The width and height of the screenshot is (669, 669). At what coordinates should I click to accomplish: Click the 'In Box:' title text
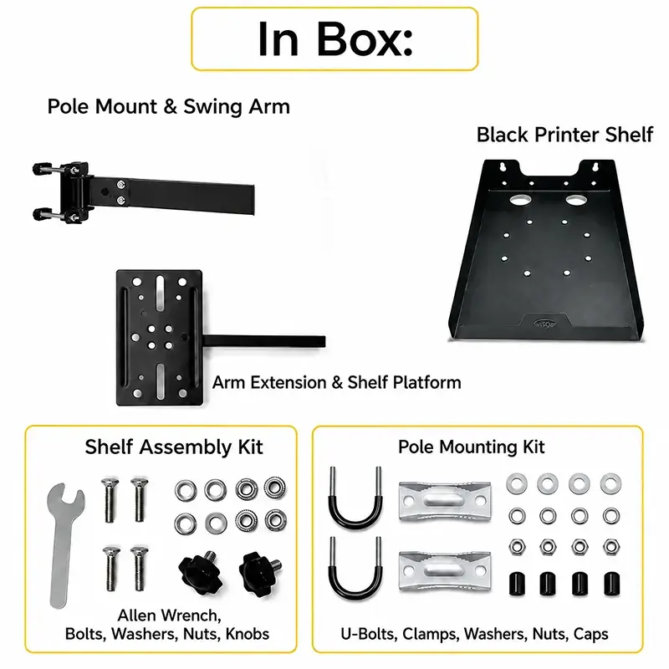click(335, 39)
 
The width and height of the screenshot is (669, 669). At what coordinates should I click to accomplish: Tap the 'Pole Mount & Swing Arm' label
click(169, 106)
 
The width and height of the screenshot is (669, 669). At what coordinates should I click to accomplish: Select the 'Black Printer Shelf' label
click(564, 135)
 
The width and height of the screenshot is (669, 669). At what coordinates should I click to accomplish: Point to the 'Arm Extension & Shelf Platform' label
click(337, 382)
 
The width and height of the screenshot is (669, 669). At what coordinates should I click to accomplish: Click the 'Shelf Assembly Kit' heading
click(174, 447)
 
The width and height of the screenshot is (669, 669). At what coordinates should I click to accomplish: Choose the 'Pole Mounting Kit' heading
click(471, 447)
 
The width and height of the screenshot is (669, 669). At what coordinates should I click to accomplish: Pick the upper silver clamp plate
click(445, 500)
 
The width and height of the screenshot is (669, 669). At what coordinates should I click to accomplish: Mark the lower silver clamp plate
click(445, 571)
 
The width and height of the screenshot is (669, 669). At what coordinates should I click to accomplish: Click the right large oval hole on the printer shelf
click(575, 199)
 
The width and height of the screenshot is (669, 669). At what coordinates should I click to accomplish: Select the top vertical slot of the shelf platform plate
click(161, 293)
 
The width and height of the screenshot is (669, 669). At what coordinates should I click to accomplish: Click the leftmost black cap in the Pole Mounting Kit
click(517, 584)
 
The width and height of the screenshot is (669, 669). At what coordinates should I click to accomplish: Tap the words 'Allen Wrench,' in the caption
click(170, 615)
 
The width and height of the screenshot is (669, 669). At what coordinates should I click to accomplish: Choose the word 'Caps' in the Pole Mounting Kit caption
click(590, 635)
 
